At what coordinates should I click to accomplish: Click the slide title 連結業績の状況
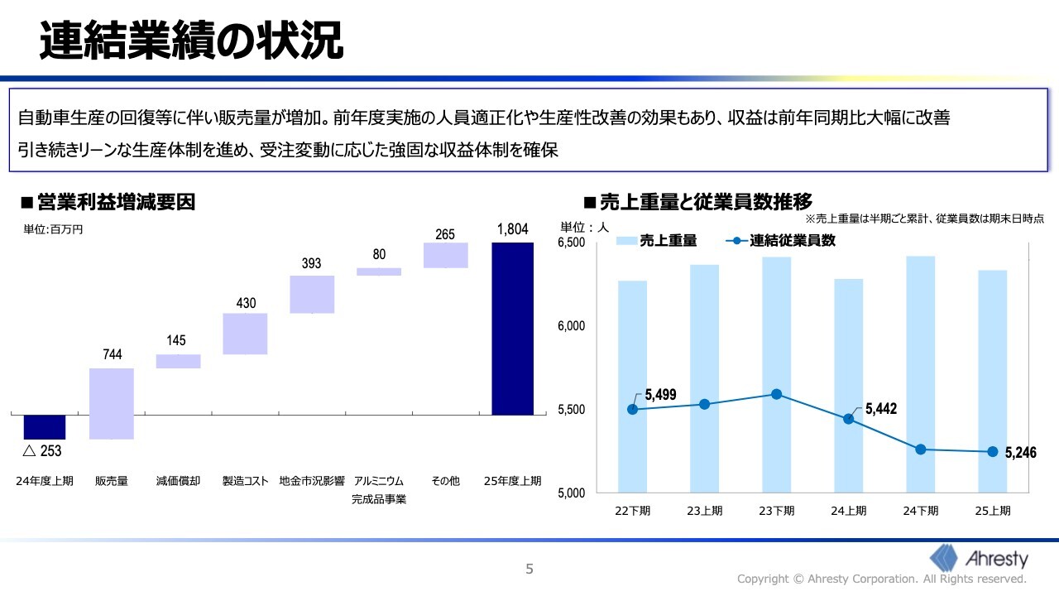tap(191, 41)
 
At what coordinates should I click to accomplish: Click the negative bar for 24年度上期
tap(45, 426)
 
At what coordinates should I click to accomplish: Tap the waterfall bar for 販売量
tap(112, 403)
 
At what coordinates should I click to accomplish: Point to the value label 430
tap(246, 303)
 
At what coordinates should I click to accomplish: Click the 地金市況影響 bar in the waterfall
tap(312, 294)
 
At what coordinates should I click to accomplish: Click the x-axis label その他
tap(445, 480)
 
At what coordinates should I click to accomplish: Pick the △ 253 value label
tap(42, 451)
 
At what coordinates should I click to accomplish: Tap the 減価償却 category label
tap(178, 480)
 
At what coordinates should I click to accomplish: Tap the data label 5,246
tap(1020, 454)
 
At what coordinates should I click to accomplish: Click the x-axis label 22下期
tap(633, 511)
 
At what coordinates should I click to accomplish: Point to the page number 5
tap(529, 569)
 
